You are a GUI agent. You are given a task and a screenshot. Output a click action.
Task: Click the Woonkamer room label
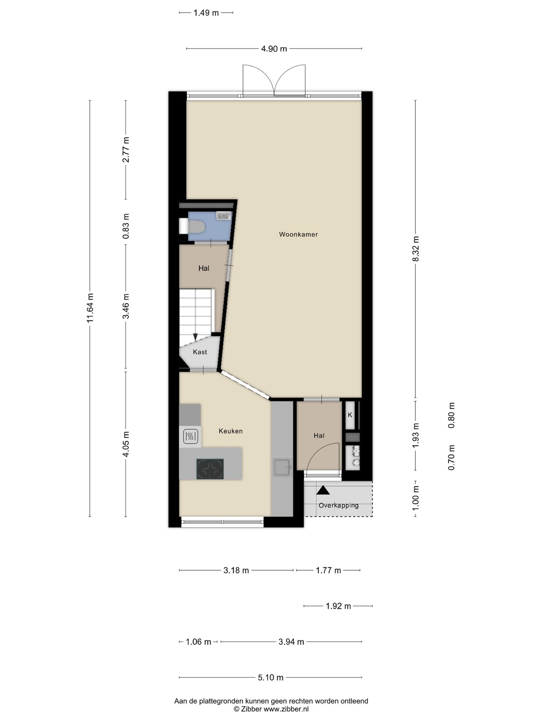pos(298,234)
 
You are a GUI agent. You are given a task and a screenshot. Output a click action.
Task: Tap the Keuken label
pos(231,431)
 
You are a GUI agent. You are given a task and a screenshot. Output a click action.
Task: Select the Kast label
pos(200,352)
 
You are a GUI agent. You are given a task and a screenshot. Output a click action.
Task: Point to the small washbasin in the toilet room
pos(224,216)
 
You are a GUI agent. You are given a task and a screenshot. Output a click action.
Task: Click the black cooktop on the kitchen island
pos(210,469)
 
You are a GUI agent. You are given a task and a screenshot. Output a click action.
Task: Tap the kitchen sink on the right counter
pos(282,467)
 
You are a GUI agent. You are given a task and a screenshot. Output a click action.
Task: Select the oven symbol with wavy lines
pos(190,436)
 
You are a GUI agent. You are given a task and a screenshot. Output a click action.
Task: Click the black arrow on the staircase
pos(195,337)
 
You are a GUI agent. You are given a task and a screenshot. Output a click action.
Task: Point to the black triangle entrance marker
pos(323,490)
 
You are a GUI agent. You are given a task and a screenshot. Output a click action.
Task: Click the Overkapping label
pos(339,505)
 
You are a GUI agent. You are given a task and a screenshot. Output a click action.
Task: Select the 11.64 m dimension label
pos(90,308)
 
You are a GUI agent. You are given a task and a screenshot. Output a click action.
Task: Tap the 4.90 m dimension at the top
pos(274,48)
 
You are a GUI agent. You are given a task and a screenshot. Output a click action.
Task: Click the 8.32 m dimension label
pos(415,249)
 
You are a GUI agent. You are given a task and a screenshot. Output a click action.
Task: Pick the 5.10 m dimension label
pos(270,677)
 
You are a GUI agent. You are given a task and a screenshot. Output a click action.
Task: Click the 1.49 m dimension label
pos(206,13)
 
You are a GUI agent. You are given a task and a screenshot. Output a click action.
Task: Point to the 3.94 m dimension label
pos(291,642)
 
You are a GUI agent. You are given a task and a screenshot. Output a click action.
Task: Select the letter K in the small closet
pos(350,415)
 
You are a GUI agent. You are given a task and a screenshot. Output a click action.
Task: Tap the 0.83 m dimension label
pos(126,226)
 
